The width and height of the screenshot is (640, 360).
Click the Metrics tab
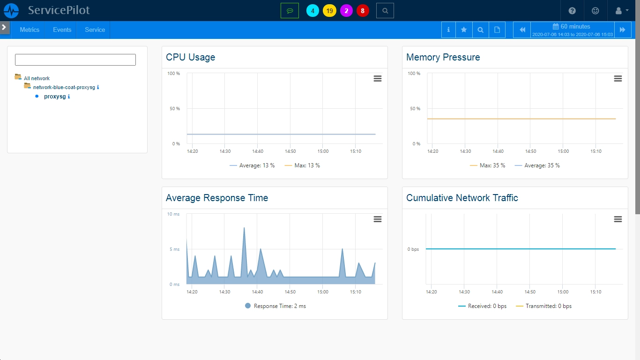30,30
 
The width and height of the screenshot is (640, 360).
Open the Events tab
62,30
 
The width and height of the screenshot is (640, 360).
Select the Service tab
95,30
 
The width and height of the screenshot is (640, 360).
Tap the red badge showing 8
363,11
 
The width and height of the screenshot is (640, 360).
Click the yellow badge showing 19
329,11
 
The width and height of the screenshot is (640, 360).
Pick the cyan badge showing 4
313,11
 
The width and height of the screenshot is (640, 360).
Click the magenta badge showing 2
346,11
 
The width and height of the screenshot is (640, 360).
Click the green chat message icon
290,11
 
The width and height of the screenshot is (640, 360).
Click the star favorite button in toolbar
464,30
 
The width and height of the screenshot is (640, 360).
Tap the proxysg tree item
55,97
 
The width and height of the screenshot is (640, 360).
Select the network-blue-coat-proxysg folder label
64,87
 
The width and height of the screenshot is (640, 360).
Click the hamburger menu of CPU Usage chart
378,78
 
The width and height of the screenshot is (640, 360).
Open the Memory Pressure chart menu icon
618,78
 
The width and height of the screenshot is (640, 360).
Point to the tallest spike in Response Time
244,228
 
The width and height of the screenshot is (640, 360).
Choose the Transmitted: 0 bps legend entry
543,306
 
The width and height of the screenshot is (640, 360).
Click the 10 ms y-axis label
173,214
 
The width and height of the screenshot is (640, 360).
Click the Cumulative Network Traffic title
462,198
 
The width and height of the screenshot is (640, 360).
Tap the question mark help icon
572,11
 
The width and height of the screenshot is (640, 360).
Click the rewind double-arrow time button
522,30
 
